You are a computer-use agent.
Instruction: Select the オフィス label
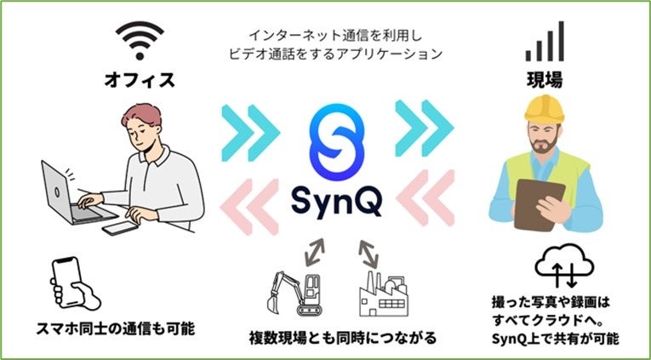(140, 82)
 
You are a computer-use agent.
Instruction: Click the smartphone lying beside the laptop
(121, 229)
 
